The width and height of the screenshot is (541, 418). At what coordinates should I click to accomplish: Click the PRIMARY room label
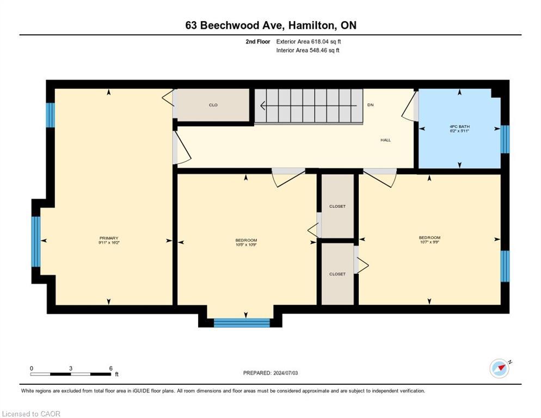click(x=109, y=238)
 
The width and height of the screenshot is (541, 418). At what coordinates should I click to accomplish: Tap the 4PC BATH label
click(x=459, y=126)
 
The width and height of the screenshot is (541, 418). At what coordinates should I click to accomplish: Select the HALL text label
click(x=385, y=140)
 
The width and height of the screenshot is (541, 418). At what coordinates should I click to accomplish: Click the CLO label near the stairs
click(x=213, y=105)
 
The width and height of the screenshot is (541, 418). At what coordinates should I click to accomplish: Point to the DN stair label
click(x=371, y=105)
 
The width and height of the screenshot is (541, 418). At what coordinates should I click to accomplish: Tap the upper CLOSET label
click(x=337, y=206)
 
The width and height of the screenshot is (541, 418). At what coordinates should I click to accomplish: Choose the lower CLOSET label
click(x=337, y=274)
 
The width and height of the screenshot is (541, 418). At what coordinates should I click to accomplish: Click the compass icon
click(x=500, y=368)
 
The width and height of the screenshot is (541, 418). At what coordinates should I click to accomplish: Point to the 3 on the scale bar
click(x=71, y=368)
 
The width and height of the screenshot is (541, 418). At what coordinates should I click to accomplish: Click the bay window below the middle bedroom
click(x=242, y=323)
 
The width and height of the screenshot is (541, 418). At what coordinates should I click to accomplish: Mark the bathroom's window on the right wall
click(x=505, y=139)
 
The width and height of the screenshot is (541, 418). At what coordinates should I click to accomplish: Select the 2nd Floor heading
click(x=257, y=41)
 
